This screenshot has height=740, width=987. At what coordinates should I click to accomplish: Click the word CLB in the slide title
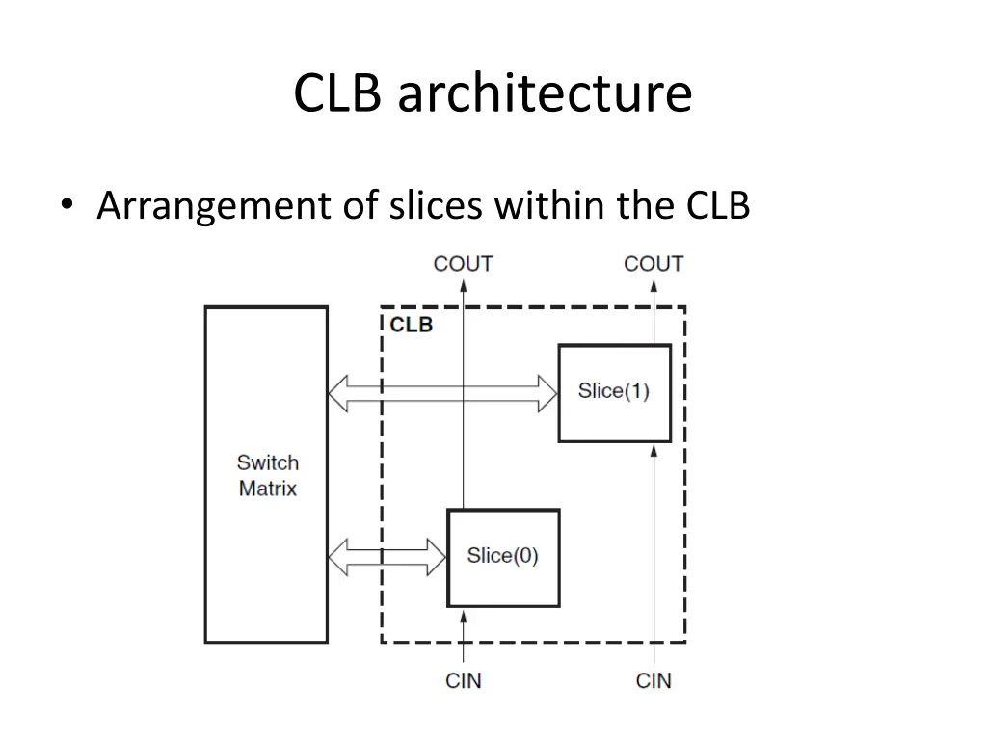click(x=337, y=92)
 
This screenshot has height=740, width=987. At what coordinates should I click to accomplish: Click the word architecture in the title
click(x=546, y=92)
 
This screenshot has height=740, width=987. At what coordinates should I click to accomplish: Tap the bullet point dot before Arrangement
click(x=67, y=204)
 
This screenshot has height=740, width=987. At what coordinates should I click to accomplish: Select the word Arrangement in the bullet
click(x=215, y=207)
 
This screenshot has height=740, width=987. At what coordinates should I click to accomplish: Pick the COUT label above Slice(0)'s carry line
click(x=464, y=264)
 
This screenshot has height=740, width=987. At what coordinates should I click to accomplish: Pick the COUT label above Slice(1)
click(x=654, y=264)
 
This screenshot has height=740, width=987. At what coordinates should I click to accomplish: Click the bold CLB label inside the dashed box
click(x=412, y=325)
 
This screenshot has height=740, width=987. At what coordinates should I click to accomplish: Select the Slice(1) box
click(x=615, y=393)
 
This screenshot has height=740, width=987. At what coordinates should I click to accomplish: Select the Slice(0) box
click(x=503, y=558)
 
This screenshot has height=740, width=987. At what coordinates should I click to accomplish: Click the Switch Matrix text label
click(x=268, y=475)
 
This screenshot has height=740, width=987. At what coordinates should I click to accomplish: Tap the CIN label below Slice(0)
click(x=464, y=681)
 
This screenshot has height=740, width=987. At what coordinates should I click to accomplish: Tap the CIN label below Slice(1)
click(x=654, y=681)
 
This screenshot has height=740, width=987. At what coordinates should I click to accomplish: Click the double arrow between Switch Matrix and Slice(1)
click(x=443, y=393)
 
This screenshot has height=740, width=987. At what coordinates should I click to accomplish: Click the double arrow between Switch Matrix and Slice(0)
click(x=387, y=557)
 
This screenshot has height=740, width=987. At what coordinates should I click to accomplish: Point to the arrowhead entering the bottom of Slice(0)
click(x=464, y=616)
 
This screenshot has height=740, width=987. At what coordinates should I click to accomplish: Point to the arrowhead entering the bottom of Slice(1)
click(x=654, y=451)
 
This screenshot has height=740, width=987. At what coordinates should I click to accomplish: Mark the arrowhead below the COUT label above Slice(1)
click(x=654, y=286)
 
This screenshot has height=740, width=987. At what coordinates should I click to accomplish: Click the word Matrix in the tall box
click(x=268, y=489)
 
